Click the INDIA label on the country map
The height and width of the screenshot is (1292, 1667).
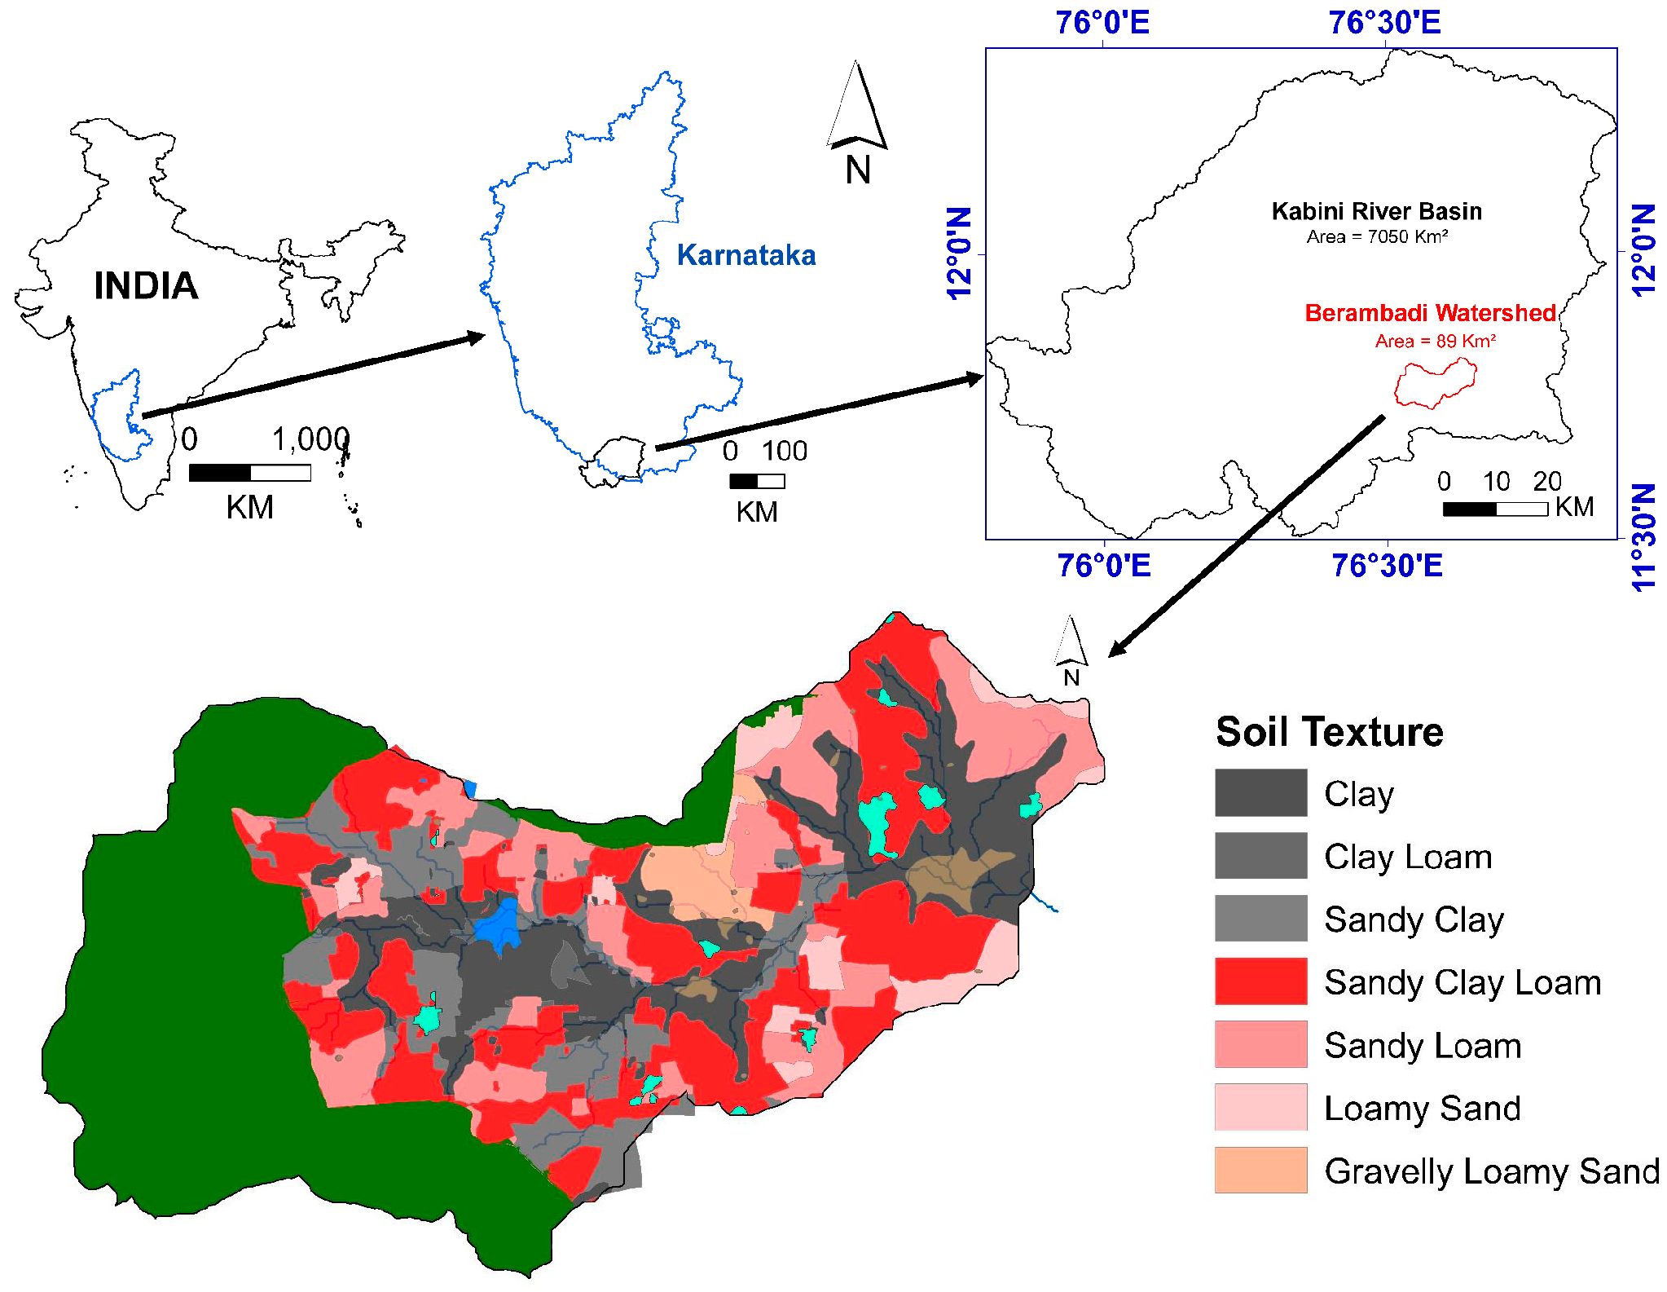(x=146, y=286)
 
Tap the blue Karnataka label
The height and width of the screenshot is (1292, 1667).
(x=746, y=255)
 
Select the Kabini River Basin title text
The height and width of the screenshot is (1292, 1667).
(x=1376, y=212)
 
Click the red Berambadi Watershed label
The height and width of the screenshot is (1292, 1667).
(x=1430, y=313)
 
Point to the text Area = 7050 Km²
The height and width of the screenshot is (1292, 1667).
(x=1377, y=237)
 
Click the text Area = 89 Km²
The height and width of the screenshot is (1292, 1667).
(x=1435, y=341)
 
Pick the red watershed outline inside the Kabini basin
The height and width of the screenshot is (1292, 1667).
(x=1434, y=384)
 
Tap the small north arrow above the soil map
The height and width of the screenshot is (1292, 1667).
(x=1070, y=644)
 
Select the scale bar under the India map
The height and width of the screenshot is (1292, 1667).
(x=249, y=473)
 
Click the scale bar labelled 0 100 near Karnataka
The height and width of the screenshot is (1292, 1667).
(x=757, y=481)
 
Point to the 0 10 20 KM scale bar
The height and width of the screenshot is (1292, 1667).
(x=1494, y=509)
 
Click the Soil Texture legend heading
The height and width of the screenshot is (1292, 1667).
(x=1329, y=731)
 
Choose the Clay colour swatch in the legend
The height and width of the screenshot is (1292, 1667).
(x=1260, y=792)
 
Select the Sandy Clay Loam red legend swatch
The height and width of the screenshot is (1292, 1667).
(x=1260, y=981)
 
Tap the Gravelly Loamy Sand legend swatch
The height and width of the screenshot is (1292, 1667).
(x=1260, y=1170)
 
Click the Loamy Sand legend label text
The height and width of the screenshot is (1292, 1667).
(x=1422, y=1108)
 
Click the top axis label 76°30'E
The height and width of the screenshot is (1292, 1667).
(x=1384, y=23)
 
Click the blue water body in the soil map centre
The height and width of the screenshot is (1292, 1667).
(x=499, y=925)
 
